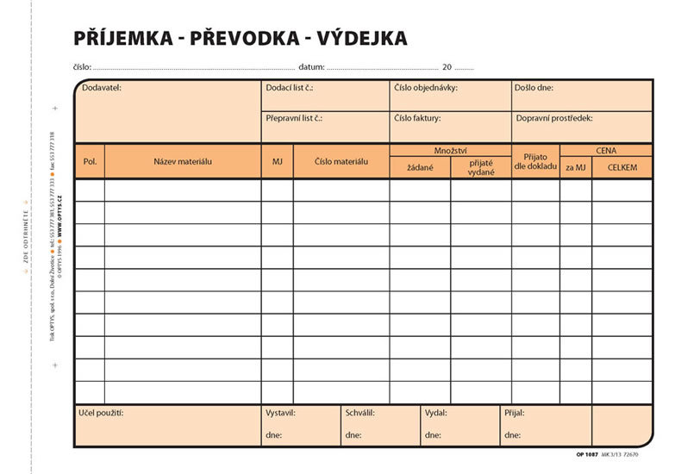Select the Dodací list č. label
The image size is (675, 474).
click(x=289, y=88)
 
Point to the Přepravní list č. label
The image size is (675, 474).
click(x=294, y=118)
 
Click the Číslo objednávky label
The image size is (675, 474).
click(x=426, y=88)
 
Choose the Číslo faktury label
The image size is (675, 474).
click(x=417, y=118)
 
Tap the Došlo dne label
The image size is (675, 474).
click(x=534, y=88)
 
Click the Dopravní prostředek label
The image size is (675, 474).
click(x=554, y=118)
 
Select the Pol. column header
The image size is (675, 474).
click(x=90, y=161)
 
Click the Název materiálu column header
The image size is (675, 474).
click(x=183, y=161)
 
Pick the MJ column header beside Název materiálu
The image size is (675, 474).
click(x=277, y=161)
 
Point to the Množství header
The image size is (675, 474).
click(x=450, y=150)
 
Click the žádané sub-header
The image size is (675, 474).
click(x=420, y=167)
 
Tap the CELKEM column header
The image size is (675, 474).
click(x=622, y=167)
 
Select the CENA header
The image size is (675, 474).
click(x=606, y=150)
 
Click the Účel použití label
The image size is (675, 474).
click(x=101, y=413)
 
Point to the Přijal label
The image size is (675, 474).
click(x=514, y=413)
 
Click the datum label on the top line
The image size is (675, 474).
click(x=310, y=66)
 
